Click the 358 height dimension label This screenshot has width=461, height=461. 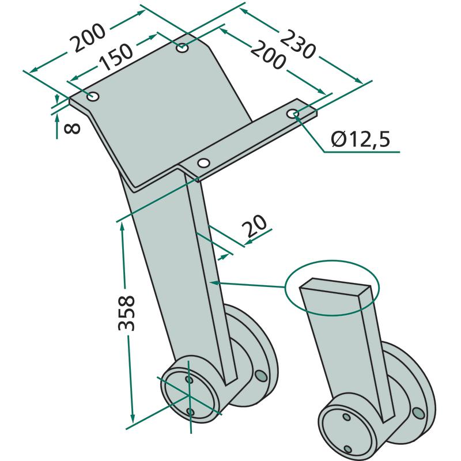(x=126, y=312)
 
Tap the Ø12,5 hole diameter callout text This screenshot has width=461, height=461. (x=361, y=139)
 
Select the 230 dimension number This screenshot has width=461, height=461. (x=297, y=44)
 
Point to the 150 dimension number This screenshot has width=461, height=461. (x=116, y=57)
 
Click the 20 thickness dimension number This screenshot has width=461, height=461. (x=254, y=226)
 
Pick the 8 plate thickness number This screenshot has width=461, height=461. (x=72, y=129)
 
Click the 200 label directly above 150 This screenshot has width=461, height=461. (x=89, y=37)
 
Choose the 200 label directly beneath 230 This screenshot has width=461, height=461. (x=267, y=55)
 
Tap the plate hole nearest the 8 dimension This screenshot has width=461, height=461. (x=93, y=96)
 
